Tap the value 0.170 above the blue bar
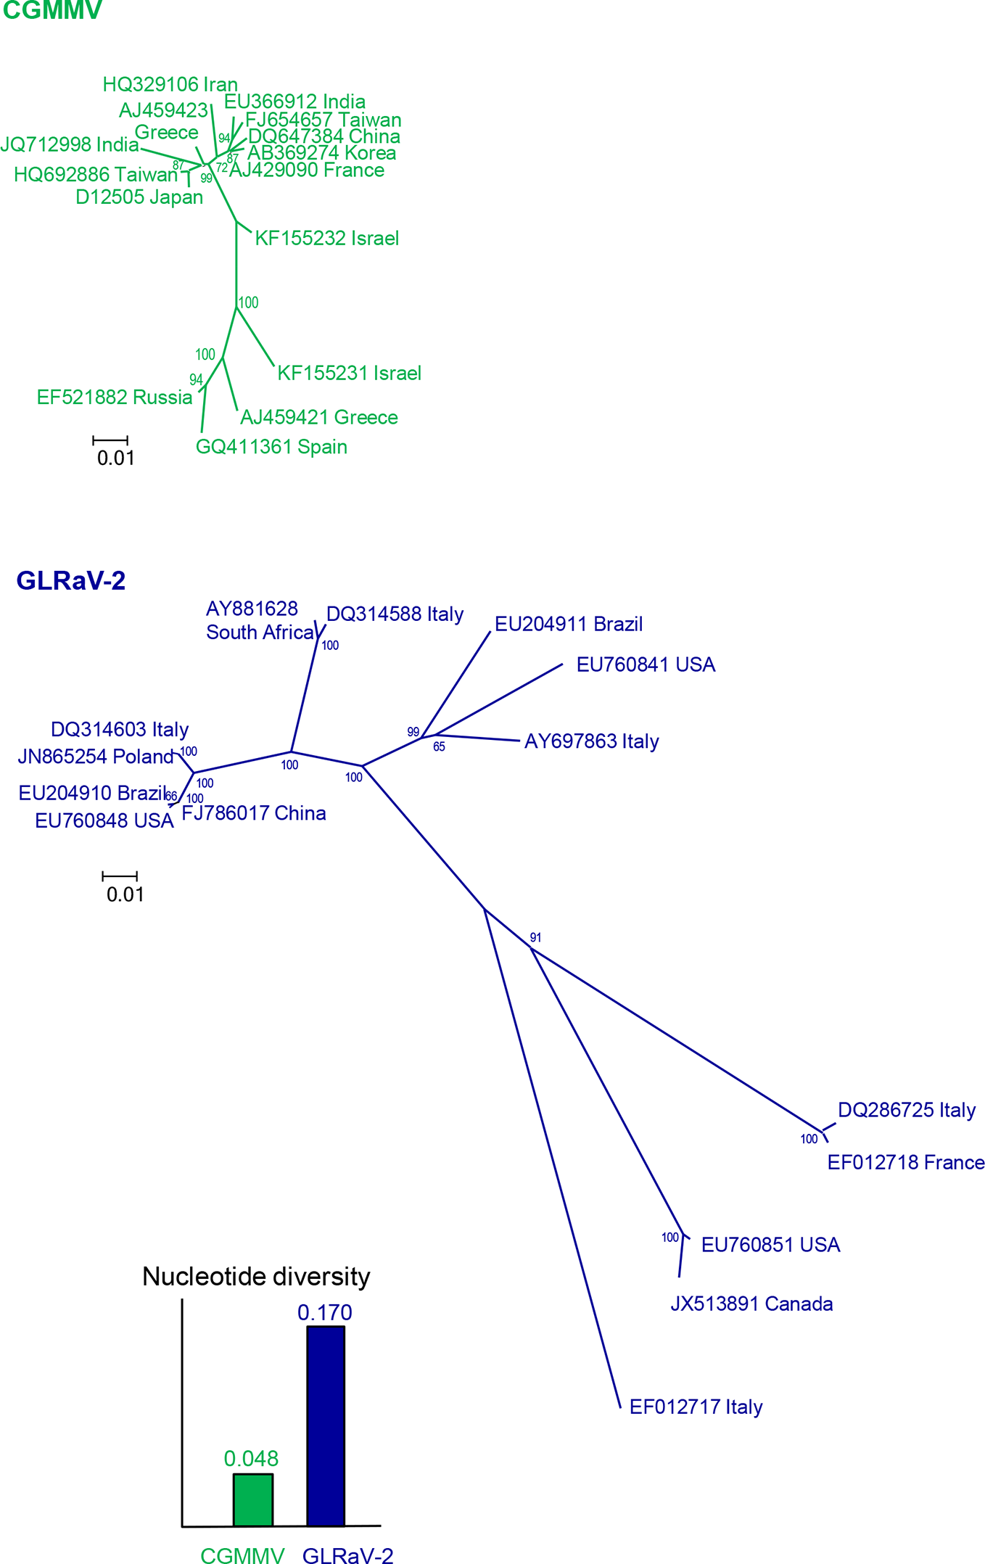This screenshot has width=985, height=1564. click(x=325, y=1312)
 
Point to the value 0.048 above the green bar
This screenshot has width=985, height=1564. click(x=251, y=1458)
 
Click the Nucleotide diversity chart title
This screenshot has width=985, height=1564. click(x=256, y=1277)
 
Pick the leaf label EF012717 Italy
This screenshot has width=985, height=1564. click(x=696, y=1407)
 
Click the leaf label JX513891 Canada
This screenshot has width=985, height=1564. click(x=751, y=1304)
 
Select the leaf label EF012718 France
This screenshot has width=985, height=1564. click(x=906, y=1163)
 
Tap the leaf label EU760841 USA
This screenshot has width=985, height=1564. click(x=646, y=665)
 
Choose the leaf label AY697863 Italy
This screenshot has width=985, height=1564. click(x=592, y=741)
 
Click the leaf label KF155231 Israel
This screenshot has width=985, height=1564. click(x=350, y=374)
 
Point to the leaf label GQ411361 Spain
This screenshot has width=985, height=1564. click(x=271, y=447)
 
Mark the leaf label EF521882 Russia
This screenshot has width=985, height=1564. click(x=115, y=398)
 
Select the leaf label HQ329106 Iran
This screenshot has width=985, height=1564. click(x=170, y=85)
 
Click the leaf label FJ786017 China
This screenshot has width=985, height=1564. click(x=254, y=813)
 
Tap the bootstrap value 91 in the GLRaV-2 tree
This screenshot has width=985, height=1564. click(x=535, y=938)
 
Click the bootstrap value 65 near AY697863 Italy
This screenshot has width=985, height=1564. click(x=439, y=747)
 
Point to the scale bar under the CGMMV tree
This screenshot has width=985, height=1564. click(x=110, y=440)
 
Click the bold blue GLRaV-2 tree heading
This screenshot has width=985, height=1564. click(x=71, y=580)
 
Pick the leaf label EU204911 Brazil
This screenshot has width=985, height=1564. click(x=569, y=624)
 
